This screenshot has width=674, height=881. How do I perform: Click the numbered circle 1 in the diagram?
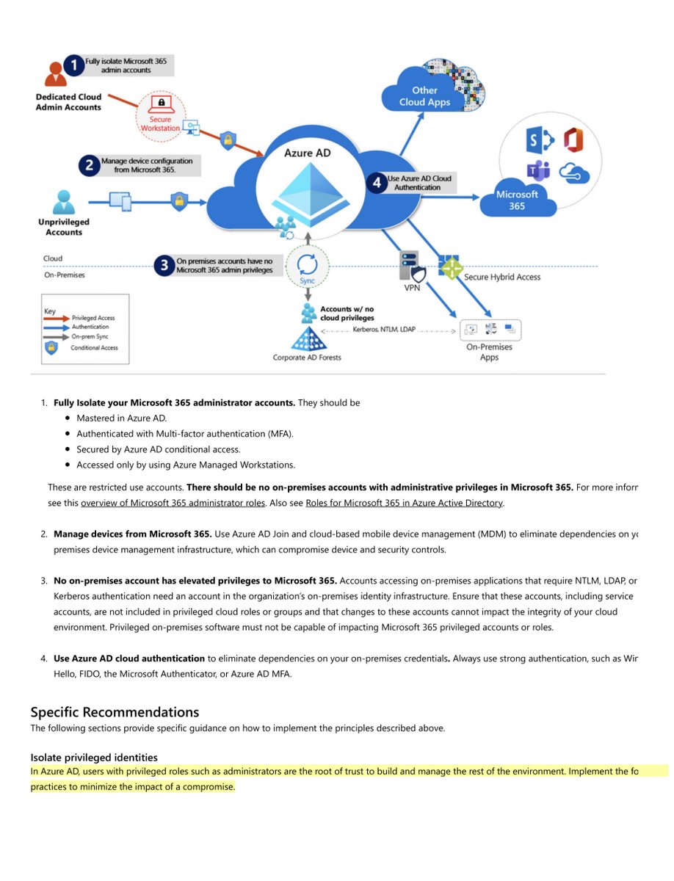pos(73,65)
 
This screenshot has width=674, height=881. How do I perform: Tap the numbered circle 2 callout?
pos(90,165)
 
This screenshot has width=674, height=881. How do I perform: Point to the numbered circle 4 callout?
pos(377,182)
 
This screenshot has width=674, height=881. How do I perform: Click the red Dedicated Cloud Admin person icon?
pos(54,73)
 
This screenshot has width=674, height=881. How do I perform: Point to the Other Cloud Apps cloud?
pos(425,95)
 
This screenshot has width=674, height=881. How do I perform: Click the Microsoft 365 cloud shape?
pos(517,200)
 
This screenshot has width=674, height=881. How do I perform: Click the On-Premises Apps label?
pos(489,352)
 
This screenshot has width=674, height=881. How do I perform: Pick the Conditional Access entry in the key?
pos(95,347)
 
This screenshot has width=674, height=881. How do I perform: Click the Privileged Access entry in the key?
pos(91,318)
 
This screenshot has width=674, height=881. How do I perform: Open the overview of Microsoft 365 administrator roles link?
pos(173,503)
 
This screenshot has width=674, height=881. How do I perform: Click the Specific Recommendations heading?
pos(115,712)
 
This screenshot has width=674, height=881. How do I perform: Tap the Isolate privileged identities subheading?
pos(94,757)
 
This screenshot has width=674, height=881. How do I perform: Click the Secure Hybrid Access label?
pos(502,277)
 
